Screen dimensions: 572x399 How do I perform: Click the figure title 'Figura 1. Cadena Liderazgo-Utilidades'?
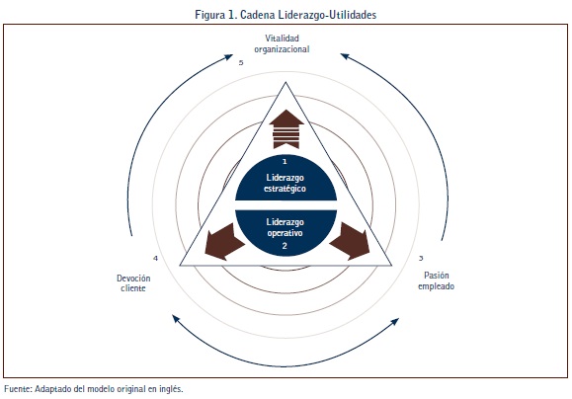[286, 15]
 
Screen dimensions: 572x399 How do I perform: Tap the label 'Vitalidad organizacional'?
[282, 43]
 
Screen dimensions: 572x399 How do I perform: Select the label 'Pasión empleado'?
[436, 280]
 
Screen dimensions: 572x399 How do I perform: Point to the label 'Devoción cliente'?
[133, 283]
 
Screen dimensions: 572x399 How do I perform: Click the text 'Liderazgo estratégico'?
[285, 183]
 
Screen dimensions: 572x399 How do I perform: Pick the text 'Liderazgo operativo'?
[285, 227]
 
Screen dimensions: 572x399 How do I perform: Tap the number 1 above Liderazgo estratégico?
[285, 161]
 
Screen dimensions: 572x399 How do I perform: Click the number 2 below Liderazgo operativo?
[285, 246]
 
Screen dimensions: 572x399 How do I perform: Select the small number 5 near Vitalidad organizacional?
[241, 63]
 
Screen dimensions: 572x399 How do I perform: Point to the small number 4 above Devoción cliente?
[155, 258]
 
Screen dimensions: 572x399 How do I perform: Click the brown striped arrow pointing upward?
[286, 129]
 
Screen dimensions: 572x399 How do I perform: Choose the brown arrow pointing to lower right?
[350, 241]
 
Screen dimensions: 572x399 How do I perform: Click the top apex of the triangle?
[286, 82]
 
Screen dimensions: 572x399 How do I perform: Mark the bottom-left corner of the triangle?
[180, 265]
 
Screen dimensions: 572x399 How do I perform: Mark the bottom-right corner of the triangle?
[391, 265]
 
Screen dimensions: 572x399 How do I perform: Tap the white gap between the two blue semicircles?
[286, 205]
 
